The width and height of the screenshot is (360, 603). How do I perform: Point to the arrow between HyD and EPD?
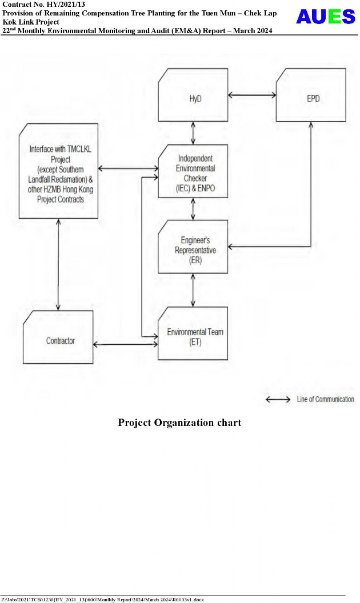[x=251, y=95]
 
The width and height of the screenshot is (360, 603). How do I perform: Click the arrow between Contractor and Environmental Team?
[x=125, y=344]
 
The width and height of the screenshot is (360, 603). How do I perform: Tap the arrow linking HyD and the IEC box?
[x=193, y=132]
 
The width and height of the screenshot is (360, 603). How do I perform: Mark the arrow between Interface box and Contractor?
[x=58, y=264]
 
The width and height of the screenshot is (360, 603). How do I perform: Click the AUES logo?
[x=325, y=17]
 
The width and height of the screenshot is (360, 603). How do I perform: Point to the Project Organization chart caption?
[x=179, y=423]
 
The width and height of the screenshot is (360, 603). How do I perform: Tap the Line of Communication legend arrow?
[x=278, y=400]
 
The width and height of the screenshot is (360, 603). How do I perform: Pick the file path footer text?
[x=102, y=600]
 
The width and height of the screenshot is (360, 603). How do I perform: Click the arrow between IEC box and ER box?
[x=193, y=209]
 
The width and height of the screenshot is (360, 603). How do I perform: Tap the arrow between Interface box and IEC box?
[x=128, y=168]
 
